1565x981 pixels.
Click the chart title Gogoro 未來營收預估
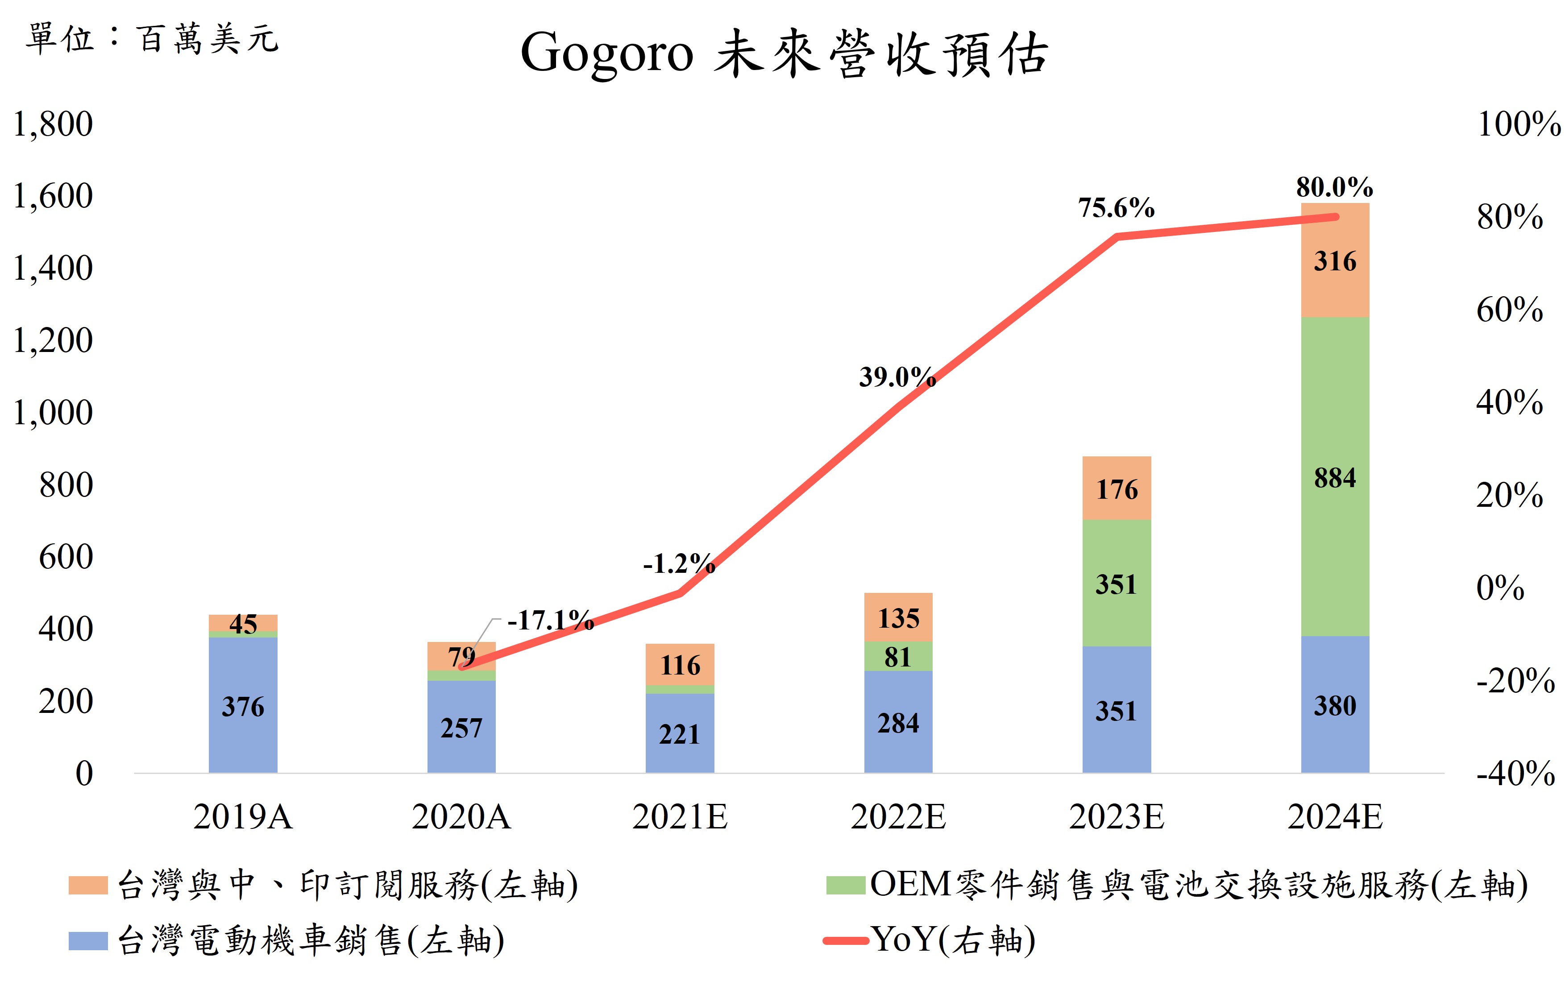point(784,54)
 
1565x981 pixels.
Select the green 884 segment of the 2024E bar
point(1335,477)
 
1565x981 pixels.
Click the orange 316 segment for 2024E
point(1335,261)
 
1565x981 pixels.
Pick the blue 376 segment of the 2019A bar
point(243,706)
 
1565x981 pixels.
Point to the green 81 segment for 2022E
point(898,657)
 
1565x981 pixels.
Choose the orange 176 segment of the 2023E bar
point(1116,488)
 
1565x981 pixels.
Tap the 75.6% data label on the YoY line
point(1116,207)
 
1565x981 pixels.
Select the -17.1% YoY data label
point(550,620)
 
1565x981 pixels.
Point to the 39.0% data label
point(897,377)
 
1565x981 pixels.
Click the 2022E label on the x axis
point(898,816)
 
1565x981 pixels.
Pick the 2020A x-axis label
point(461,816)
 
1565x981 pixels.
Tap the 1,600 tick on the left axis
point(53,196)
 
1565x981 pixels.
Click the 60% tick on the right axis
point(1509,310)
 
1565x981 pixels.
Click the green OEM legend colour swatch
point(846,885)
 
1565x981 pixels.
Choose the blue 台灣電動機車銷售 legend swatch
point(88,941)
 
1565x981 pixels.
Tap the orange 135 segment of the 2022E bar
point(898,618)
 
